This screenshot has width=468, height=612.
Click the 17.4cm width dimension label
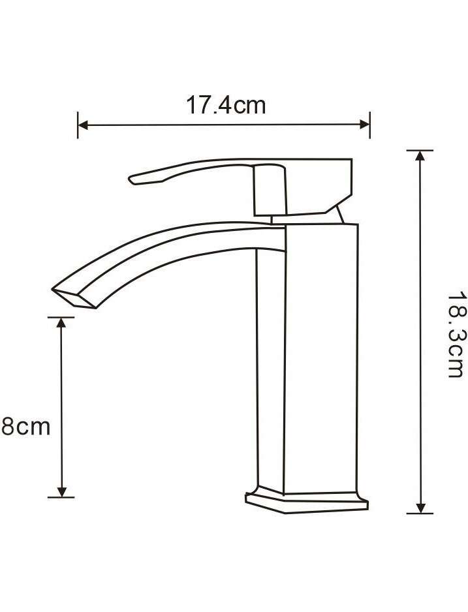(x=226, y=105)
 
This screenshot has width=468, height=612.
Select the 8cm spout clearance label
(x=25, y=427)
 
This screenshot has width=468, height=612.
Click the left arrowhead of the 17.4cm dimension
(x=83, y=125)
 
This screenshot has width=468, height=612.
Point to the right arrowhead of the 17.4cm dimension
(x=365, y=125)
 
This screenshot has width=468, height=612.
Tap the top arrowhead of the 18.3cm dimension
(x=420, y=155)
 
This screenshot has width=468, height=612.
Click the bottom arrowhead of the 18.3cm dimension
(x=420, y=508)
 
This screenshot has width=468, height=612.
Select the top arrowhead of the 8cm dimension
(x=61, y=322)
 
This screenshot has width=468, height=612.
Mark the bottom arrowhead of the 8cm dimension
(x=61, y=492)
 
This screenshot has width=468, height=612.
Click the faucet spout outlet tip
(x=74, y=299)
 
